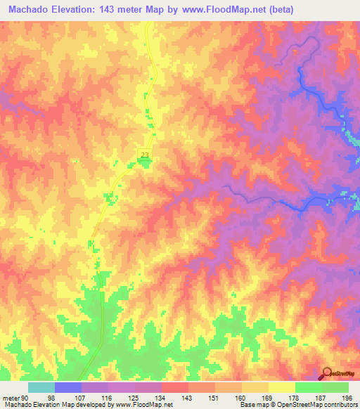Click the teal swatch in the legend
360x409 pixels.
tap(41, 387)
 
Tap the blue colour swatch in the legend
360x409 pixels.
tap(68, 387)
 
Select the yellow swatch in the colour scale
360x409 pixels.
tap(281, 387)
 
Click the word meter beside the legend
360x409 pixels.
tap(11, 398)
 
